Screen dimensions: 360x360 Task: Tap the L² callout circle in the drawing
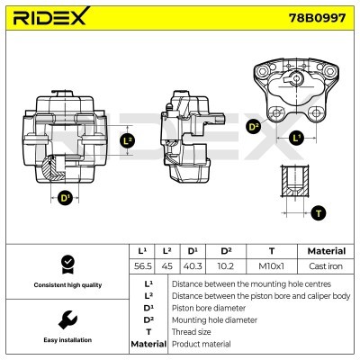click(x=126, y=140)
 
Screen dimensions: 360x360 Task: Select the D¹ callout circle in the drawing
click(x=65, y=197)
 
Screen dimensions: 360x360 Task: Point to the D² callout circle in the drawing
click(x=254, y=127)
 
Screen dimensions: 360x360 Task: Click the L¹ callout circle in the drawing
click(x=297, y=137)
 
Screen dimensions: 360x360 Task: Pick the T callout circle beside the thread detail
click(x=318, y=213)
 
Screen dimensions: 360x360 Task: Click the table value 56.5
click(x=141, y=267)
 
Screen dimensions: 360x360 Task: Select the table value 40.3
click(x=191, y=267)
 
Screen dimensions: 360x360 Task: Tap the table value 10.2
click(x=226, y=267)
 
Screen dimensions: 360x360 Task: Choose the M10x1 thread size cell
click(x=271, y=267)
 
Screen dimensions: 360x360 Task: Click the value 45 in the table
click(x=166, y=267)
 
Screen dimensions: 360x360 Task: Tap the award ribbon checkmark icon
click(x=66, y=264)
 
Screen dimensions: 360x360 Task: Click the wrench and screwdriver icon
click(x=66, y=319)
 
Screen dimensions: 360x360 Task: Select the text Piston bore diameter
click(x=208, y=307)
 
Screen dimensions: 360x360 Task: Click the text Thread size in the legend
click(x=191, y=331)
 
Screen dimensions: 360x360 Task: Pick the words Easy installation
click(x=66, y=340)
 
